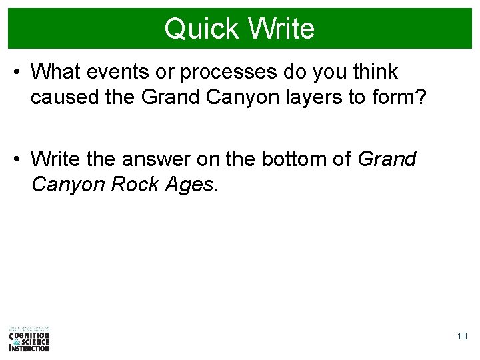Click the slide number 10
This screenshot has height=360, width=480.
tap(462, 337)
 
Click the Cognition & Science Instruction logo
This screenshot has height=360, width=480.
tap(29, 339)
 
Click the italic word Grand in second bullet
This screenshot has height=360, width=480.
tap(387, 159)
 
